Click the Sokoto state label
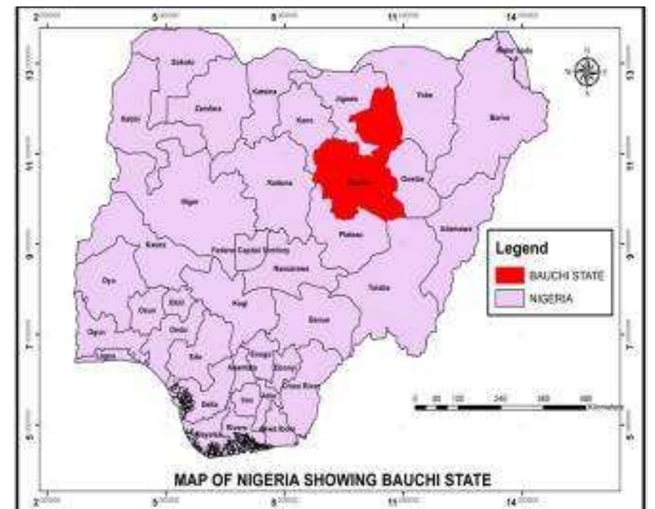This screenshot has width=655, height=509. pos(178,62)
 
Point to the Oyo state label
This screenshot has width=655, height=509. pos(108,281)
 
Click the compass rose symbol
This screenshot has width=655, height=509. pos(588,71)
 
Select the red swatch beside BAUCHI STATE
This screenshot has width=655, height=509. pos(510,276)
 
